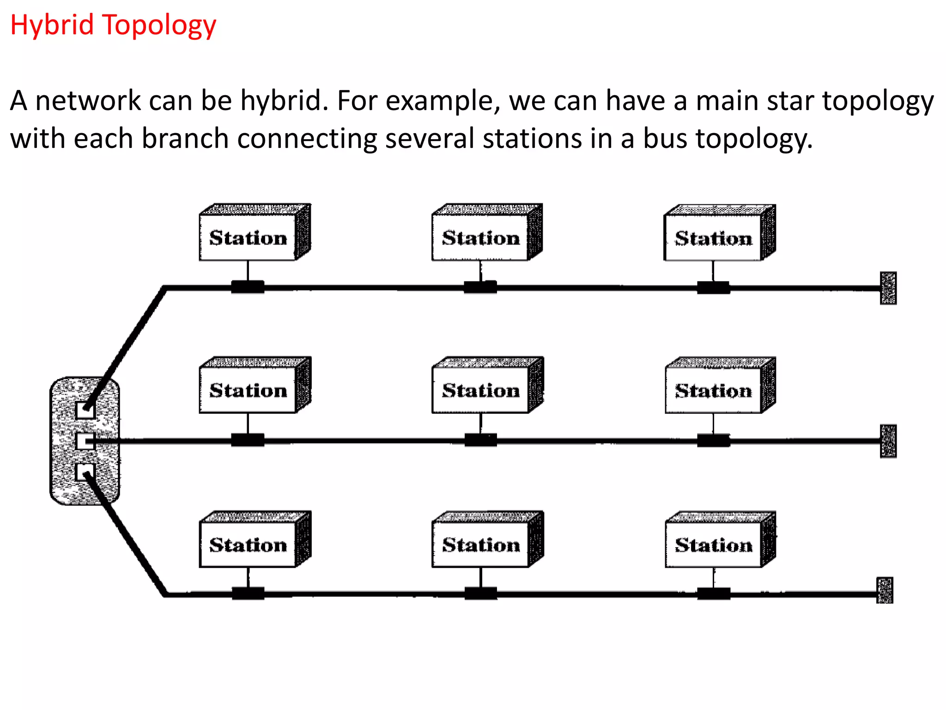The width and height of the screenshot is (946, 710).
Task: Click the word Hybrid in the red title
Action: (52, 25)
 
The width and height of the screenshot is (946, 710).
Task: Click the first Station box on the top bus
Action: (248, 237)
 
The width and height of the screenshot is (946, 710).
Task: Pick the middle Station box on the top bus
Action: (481, 237)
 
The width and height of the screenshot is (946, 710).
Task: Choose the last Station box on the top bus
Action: (713, 238)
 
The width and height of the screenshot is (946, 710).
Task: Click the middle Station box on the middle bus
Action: (481, 390)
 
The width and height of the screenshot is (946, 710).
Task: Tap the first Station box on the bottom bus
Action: (248, 545)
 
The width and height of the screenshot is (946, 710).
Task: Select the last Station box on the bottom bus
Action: (713, 545)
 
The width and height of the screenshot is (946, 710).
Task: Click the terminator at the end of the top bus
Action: (888, 288)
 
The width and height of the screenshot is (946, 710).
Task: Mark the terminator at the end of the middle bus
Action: (888, 441)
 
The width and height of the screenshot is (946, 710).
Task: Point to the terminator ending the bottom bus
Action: (885, 590)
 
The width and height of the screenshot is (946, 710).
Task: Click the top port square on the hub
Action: (85, 410)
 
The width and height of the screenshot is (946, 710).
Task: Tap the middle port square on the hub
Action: (85, 441)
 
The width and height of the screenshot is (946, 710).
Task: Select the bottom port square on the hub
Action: (85, 472)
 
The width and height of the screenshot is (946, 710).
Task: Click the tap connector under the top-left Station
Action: (248, 287)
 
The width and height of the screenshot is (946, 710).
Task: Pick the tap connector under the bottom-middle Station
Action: (481, 593)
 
